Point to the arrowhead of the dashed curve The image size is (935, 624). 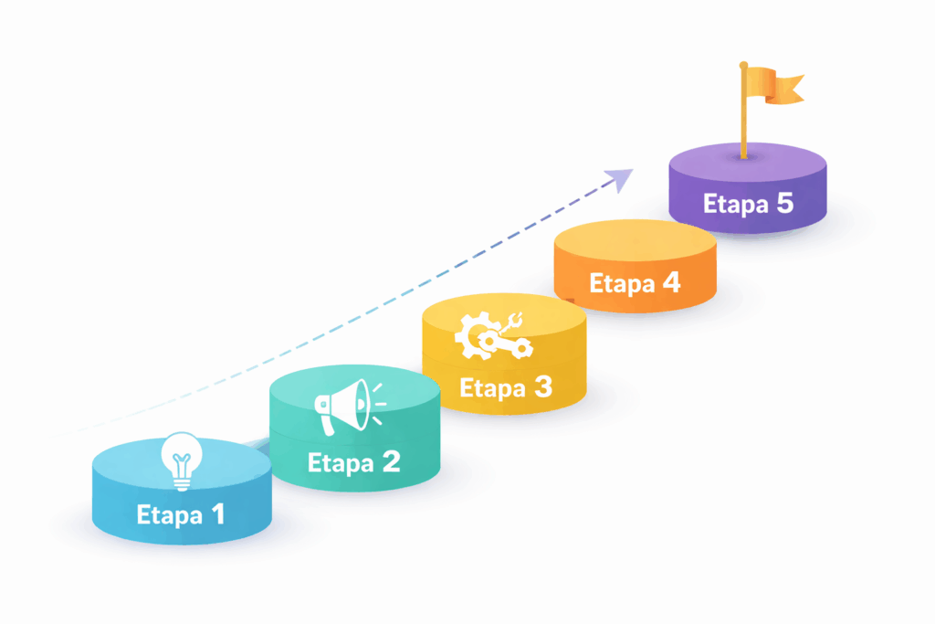[622, 177]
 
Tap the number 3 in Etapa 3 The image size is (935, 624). [541, 387]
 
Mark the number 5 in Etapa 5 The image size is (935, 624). [784, 203]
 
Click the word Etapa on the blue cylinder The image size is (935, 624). [170, 515]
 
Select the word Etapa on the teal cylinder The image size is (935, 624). [341, 462]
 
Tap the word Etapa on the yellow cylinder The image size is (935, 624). [493, 388]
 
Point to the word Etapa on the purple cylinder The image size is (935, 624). [735, 204]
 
